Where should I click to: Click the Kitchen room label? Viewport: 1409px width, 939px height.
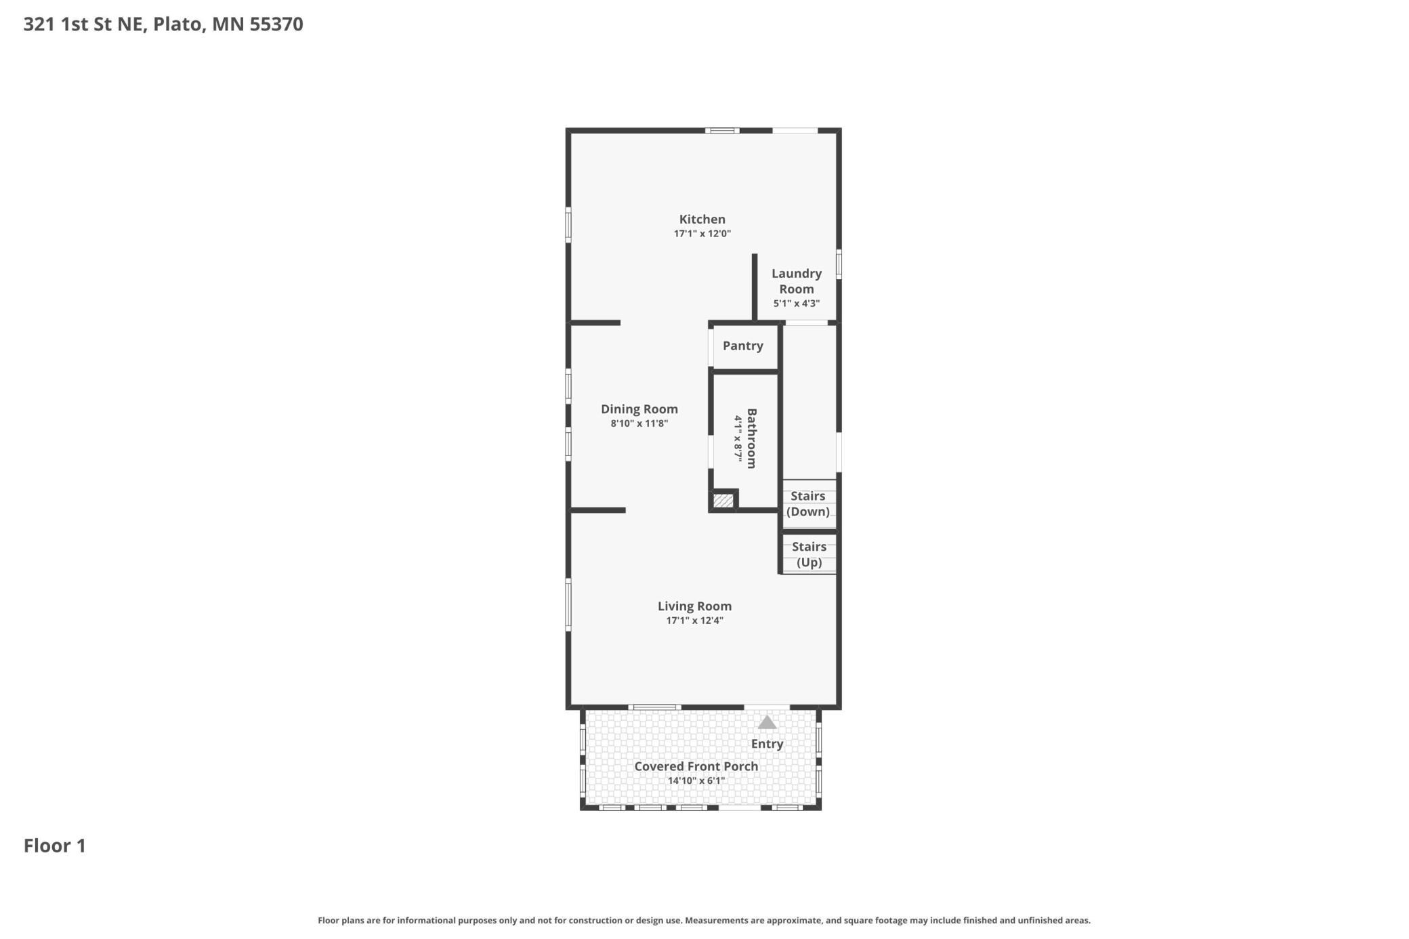(702, 220)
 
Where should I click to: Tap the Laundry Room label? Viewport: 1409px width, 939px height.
(797, 281)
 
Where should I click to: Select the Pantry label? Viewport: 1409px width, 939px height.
(743, 346)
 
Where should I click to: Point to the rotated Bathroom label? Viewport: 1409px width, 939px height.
(751, 438)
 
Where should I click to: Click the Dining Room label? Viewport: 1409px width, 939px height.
(639, 409)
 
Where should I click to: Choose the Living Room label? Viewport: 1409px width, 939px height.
(694, 606)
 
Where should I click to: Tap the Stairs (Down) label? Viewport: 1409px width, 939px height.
(808, 504)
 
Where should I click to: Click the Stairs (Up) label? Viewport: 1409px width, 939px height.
(809, 555)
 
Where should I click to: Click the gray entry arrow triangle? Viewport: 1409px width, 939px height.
(767, 723)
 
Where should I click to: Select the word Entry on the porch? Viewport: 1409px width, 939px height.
(767, 744)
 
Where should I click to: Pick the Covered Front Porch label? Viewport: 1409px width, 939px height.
(696, 766)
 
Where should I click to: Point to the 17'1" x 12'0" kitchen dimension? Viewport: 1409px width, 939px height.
(702, 234)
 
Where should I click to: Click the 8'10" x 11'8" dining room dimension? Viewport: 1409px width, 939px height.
(639, 423)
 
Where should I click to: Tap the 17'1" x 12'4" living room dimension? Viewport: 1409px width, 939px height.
(694, 621)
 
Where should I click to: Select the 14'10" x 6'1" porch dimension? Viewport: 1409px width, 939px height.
(696, 780)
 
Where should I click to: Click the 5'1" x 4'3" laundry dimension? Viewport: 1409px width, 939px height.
(797, 304)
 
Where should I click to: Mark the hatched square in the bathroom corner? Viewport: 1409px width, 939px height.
(723, 501)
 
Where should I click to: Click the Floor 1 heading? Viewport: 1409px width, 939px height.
(55, 846)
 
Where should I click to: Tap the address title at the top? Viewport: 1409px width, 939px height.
(163, 24)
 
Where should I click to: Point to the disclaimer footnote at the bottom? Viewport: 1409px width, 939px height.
(704, 920)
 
